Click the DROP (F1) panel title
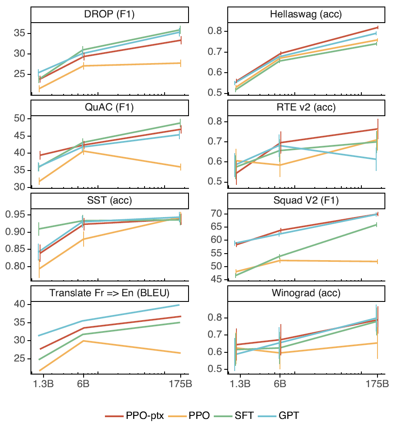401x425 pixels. [x=109, y=15]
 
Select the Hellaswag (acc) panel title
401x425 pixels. [x=307, y=15]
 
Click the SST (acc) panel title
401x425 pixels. [x=109, y=201]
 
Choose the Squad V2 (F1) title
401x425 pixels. [x=307, y=201]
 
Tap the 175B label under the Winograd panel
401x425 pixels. [x=377, y=384]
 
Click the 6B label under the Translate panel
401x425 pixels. [x=84, y=384]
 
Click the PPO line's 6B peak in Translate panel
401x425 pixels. [x=83, y=341]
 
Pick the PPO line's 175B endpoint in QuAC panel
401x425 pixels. [x=180, y=167]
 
